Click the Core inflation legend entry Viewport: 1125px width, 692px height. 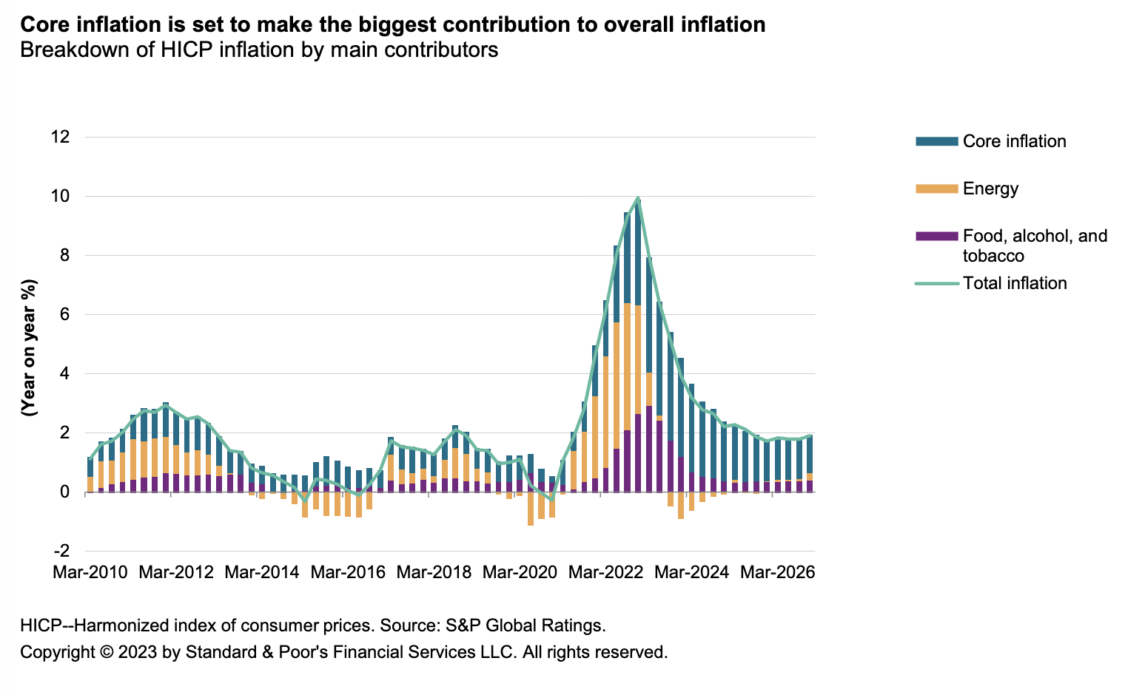(x=1014, y=141)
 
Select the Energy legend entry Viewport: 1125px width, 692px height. (x=990, y=189)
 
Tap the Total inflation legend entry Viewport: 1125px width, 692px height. (x=1015, y=283)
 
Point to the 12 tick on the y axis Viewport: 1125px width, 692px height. (x=61, y=137)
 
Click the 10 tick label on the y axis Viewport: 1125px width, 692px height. (x=61, y=196)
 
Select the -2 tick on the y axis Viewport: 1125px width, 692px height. (x=62, y=551)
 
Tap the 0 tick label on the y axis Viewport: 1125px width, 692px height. (x=65, y=492)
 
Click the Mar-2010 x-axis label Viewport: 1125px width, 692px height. (x=90, y=572)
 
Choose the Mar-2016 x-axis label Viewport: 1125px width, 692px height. (x=348, y=572)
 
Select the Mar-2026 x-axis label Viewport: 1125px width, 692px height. (x=777, y=572)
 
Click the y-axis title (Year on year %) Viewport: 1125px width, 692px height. (x=30, y=347)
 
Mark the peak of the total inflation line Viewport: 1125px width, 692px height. (x=638, y=198)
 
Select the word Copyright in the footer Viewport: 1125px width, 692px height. (x=58, y=652)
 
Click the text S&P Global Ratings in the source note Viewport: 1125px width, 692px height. (x=525, y=625)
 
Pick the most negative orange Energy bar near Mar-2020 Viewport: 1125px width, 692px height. (x=530, y=509)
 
